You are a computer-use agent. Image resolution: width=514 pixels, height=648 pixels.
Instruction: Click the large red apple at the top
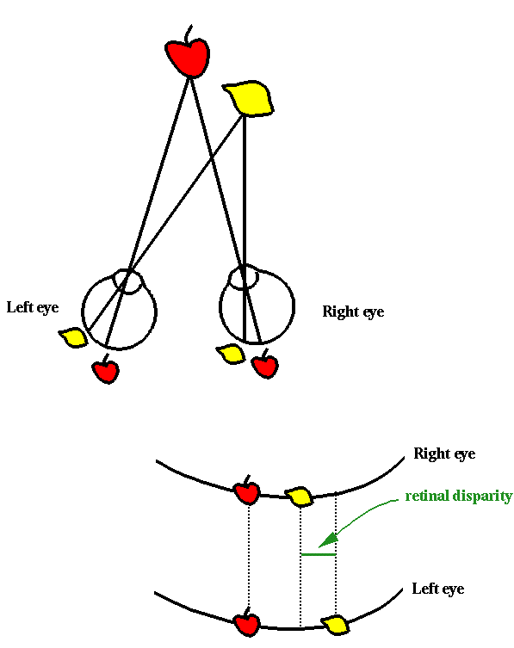188,57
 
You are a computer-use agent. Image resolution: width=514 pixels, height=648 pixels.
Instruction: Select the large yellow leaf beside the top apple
249,98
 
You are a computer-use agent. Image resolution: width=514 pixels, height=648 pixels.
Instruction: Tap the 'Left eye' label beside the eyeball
33,307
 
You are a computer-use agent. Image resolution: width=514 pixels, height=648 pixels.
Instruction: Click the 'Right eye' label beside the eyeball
353,312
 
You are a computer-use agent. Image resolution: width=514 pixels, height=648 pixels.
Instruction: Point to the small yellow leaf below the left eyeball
73,337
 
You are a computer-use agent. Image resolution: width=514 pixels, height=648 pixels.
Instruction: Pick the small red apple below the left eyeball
106,369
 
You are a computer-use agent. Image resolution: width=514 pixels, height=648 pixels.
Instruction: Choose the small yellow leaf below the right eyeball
231,354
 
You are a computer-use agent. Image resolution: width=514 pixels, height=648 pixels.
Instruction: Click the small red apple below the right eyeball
265,364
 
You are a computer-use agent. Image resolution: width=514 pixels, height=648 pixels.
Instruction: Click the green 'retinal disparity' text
459,496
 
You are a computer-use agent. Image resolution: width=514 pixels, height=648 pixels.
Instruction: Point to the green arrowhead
330,540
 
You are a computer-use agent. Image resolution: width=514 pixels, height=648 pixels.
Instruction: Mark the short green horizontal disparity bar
318,554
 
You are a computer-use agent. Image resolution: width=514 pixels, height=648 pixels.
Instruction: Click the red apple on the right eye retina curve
247,491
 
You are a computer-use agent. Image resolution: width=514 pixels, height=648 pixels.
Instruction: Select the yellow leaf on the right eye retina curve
299,497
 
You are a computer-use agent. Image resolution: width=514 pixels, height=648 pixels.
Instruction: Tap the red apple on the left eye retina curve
247,622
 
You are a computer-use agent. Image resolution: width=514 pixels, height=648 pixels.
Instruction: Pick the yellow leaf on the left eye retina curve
336,625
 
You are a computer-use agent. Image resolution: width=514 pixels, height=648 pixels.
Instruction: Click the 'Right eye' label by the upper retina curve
444,454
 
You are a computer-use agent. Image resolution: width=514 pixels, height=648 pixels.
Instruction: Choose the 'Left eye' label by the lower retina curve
438,589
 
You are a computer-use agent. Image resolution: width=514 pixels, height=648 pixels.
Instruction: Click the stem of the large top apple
189,33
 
